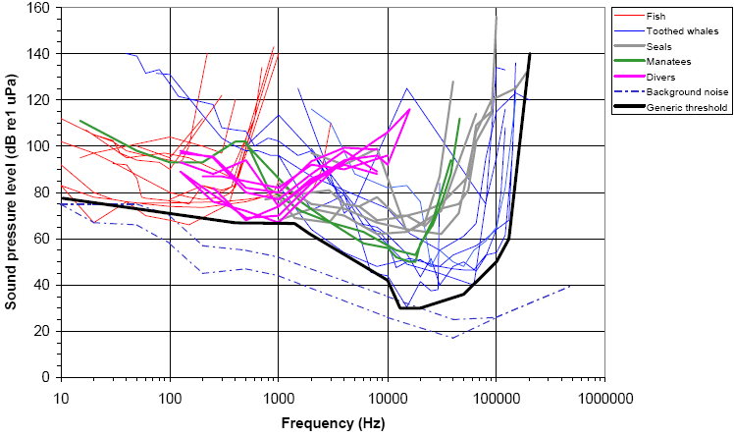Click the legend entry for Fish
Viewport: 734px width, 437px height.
click(x=656, y=16)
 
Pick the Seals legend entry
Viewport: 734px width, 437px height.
click(x=660, y=46)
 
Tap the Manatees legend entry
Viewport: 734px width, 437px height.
click(x=669, y=61)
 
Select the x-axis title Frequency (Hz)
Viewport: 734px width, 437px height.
click(x=332, y=424)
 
